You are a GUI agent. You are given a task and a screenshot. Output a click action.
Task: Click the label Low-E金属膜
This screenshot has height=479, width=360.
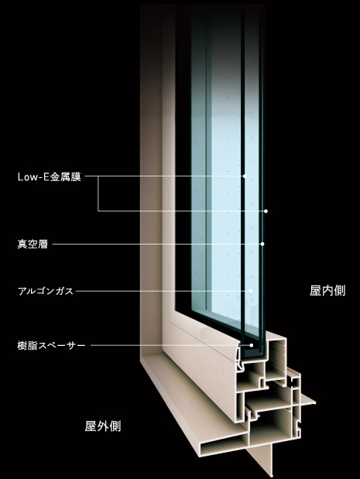click(x=50, y=177)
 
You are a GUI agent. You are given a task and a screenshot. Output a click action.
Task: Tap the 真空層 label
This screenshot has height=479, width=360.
click(x=33, y=245)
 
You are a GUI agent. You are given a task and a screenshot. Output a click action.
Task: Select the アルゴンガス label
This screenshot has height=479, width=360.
click(x=46, y=291)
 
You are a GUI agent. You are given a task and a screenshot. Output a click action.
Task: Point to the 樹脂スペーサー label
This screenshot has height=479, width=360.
click(x=51, y=346)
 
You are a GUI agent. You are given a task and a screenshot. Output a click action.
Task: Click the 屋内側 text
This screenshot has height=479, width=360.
click(x=327, y=291)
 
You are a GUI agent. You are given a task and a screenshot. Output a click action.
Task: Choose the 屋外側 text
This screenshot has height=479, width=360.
click(x=103, y=426)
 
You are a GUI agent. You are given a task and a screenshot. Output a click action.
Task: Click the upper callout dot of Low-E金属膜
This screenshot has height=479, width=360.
click(x=245, y=176)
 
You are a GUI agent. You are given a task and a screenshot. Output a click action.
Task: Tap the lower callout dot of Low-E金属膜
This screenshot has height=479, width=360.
click(x=266, y=211)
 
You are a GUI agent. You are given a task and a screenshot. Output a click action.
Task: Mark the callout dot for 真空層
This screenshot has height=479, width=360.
click(x=262, y=244)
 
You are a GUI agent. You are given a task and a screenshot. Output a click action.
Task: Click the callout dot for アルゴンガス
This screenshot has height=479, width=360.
click(x=250, y=291)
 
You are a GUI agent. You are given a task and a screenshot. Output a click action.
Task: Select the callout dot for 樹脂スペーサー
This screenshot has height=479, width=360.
click(x=252, y=345)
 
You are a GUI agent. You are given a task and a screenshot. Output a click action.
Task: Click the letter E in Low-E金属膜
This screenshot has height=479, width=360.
click(x=46, y=177)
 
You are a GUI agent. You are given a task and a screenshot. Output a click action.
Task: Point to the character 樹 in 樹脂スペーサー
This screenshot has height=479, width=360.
click(x=22, y=346)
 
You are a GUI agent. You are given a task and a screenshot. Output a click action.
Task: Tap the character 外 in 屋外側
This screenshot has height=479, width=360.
click(x=103, y=426)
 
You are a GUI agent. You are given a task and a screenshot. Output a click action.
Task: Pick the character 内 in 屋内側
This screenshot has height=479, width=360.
click(x=327, y=291)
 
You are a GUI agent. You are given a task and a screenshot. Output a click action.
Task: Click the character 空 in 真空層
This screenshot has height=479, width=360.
click(x=33, y=245)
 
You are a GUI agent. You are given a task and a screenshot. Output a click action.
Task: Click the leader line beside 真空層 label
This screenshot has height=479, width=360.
click(x=156, y=245)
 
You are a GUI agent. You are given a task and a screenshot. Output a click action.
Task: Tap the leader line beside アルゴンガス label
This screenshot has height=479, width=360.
click(x=163, y=291)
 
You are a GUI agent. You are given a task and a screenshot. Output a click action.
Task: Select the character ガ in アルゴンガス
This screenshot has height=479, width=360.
click(x=60, y=291)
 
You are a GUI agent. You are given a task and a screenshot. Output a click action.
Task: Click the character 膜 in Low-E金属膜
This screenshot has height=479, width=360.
click(x=76, y=177)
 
